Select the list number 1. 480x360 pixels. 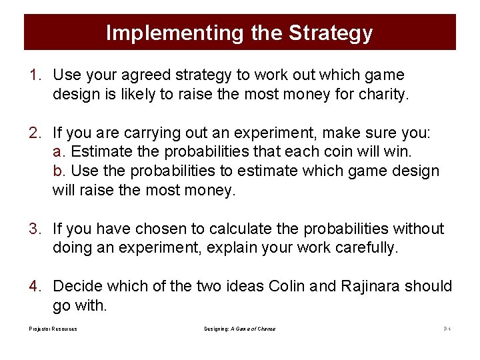tap(35, 75)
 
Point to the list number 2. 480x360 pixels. tap(35, 132)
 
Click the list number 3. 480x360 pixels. tap(35, 229)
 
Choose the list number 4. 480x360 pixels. tap(35, 287)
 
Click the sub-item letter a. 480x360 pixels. tap(58, 151)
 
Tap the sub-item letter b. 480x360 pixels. tap(58, 171)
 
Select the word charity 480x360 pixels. tap(382, 95)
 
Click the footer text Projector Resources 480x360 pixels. tap(53, 329)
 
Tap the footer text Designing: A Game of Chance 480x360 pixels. tap(239, 329)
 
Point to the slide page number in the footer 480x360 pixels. tap(447, 329)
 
